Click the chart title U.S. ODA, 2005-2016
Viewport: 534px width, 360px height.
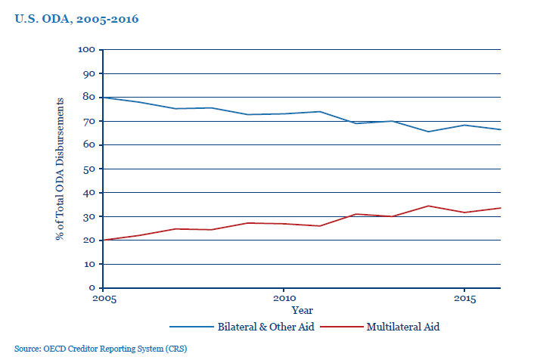click(76, 19)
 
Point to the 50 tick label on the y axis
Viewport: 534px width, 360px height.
click(89, 169)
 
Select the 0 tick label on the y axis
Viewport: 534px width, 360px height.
click(92, 288)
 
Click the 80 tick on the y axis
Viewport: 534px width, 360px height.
click(89, 98)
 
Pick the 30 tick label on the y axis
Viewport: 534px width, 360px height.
click(89, 216)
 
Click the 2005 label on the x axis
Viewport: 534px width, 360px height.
click(103, 299)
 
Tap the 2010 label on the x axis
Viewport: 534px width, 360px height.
click(284, 299)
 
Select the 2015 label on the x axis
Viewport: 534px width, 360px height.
click(464, 299)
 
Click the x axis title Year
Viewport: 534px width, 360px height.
click(302, 310)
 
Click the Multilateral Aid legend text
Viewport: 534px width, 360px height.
click(402, 327)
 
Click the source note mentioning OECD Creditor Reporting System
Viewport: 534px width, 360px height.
click(100, 349)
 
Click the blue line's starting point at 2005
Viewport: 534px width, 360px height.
click(103, 98)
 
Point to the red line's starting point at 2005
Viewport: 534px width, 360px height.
click(103, 240)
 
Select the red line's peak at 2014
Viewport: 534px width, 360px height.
click(428, 206)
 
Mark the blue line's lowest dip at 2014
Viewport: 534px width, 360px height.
click(428, 132)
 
